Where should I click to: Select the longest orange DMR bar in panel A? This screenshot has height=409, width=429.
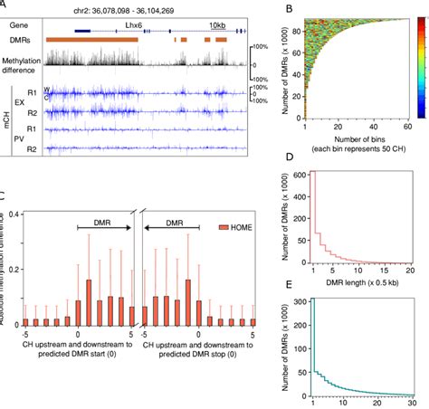91,41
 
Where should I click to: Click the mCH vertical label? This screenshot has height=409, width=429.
5,122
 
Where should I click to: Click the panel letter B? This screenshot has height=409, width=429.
289,10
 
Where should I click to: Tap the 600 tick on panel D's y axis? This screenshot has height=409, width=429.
295,199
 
